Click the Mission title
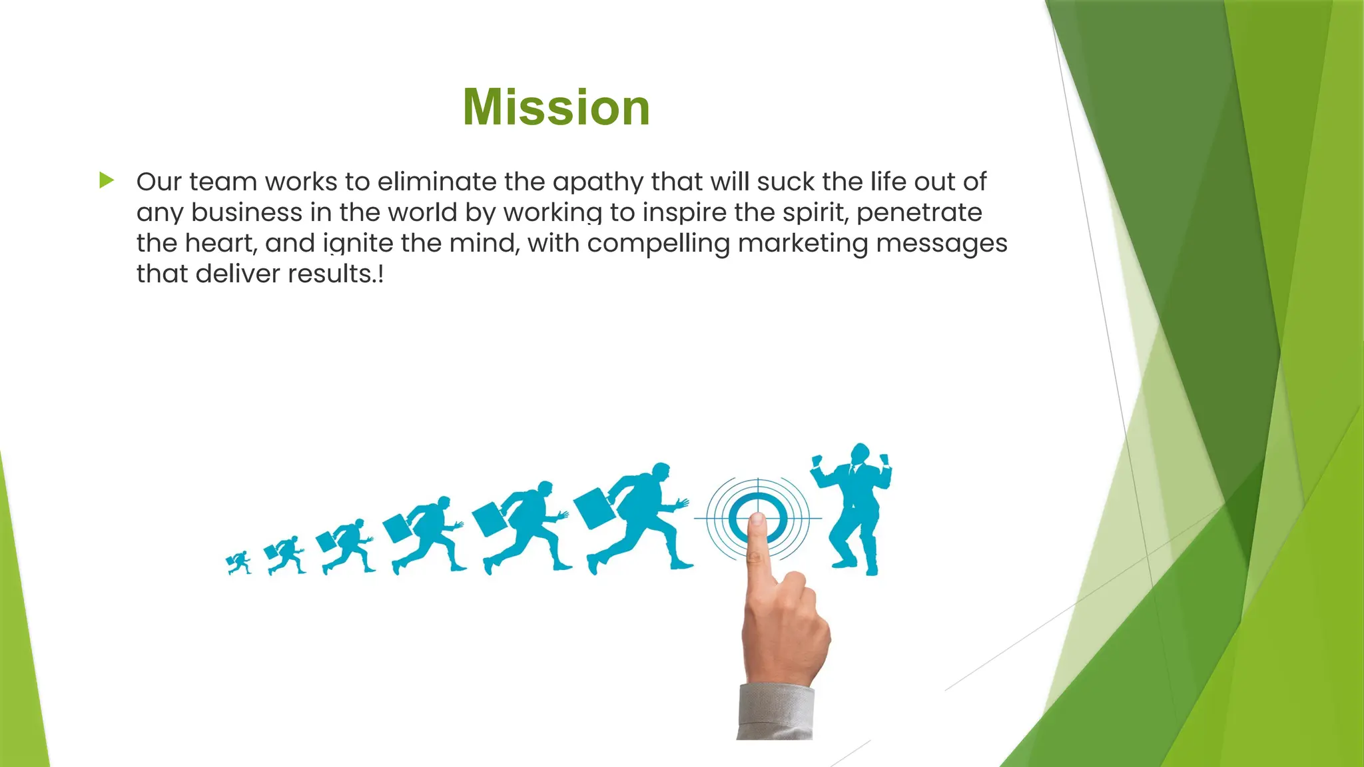pos(556,107)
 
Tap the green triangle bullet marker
pos(107,180)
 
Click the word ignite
pos(358,243)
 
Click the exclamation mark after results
pos(380,274)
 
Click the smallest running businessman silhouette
pos(239,563)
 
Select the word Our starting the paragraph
pos(159,182)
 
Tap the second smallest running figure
pos(285,555)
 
